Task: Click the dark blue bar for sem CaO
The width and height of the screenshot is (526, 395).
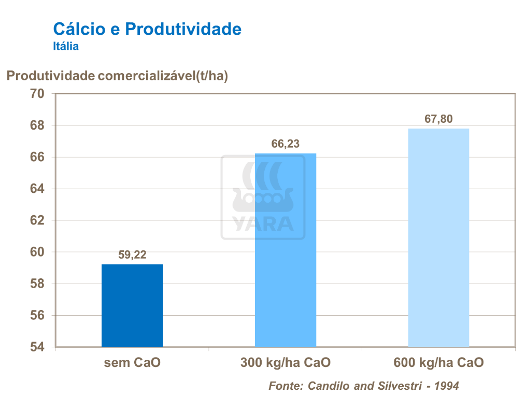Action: pyautogui.click(x=132, y=305)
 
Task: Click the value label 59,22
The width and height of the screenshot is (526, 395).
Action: pyautogui.click(x=132, y=255)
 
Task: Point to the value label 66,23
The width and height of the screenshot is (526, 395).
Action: pyautogui.click(x=286, y=144)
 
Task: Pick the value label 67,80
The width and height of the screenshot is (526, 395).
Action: pyautogui.click(x=438, y=119)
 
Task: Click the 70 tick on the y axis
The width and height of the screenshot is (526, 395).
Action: pyautogui.click(x=38, y=94)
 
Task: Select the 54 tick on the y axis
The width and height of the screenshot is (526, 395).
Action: pyautogui.click(x=38, y=347)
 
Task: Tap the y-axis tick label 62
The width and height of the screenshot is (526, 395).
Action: pyautogui.click(x=38, y=220)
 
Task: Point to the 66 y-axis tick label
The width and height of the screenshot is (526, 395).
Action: pyautogui.click(x=38, y=157)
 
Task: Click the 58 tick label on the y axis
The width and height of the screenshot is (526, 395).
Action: pyautogui.click(x=38, y=284)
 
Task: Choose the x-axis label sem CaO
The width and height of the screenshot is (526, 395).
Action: pyautogui.click(x=132, y=362)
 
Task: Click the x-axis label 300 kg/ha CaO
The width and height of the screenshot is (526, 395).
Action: pyautogui.click(x=286, y=362)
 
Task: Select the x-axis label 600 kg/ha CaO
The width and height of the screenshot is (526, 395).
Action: pyautogui.click(x=438, y=362)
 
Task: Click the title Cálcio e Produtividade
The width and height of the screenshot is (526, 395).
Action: pyautogui.click(x=147, y=29)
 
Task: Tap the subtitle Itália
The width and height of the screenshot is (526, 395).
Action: pyautogui.click(x=66, y=47)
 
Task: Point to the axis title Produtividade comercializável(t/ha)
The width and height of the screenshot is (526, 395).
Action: pyautogui.click(x=117, y=76)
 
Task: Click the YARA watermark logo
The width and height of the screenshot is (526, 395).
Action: pyautogui.click(x=263, y=198)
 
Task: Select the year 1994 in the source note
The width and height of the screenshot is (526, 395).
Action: pyautogui.click(x=447, y=386)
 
